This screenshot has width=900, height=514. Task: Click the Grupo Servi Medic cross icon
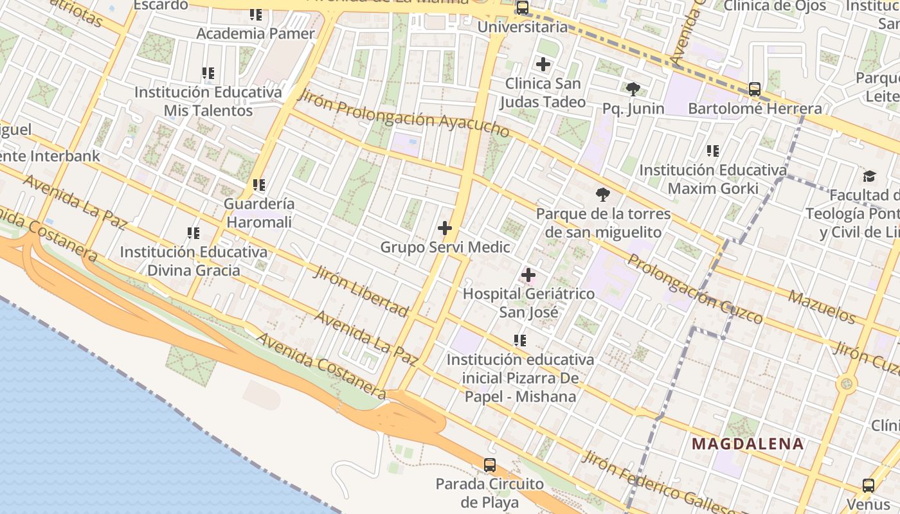(444, 228)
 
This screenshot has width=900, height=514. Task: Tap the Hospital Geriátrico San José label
(528, 303)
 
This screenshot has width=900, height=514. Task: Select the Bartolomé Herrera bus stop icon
(755, 89)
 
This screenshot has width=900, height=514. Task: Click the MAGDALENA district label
(748, 443)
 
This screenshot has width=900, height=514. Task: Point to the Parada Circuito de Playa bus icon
(490, 465)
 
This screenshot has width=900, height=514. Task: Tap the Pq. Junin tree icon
(633, 89)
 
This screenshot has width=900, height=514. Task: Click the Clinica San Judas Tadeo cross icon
(543, 64)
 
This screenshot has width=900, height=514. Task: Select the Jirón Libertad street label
(361, 291)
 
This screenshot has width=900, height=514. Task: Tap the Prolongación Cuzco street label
(696, 288)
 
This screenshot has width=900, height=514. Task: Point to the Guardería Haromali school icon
(259, 186)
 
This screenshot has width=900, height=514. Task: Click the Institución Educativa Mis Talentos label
(208, 102)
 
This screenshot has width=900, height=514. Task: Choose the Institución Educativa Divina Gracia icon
(193, 233)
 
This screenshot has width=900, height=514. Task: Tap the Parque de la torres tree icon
(603, 195)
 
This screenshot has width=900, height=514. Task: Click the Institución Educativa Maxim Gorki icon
(712, 152)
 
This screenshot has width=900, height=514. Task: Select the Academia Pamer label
(255, 33)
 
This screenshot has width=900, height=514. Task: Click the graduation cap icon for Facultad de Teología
(869, 176)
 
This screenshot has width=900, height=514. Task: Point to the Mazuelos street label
(822, 306)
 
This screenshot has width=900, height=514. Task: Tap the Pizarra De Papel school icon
(519, 341)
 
